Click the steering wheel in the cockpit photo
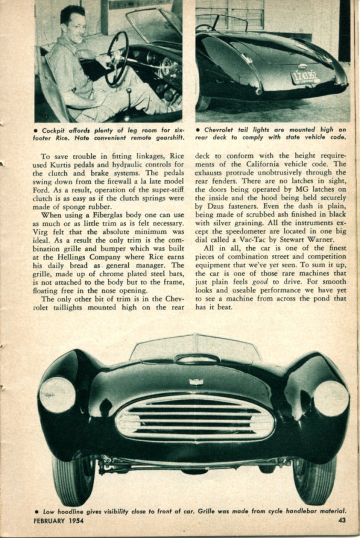click(117, 59)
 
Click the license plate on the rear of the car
click(305, 77)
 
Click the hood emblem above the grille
click(196, 381)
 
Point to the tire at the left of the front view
click(72, 479)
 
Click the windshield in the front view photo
click(196, 348)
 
